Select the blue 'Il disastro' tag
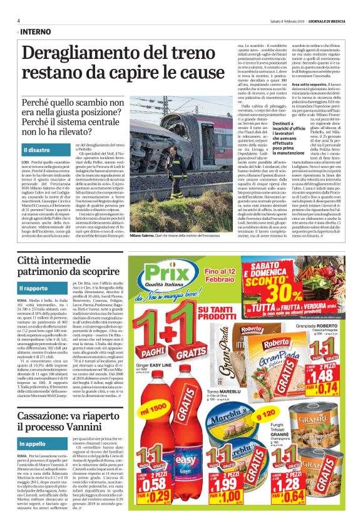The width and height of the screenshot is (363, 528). click(38, 150)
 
